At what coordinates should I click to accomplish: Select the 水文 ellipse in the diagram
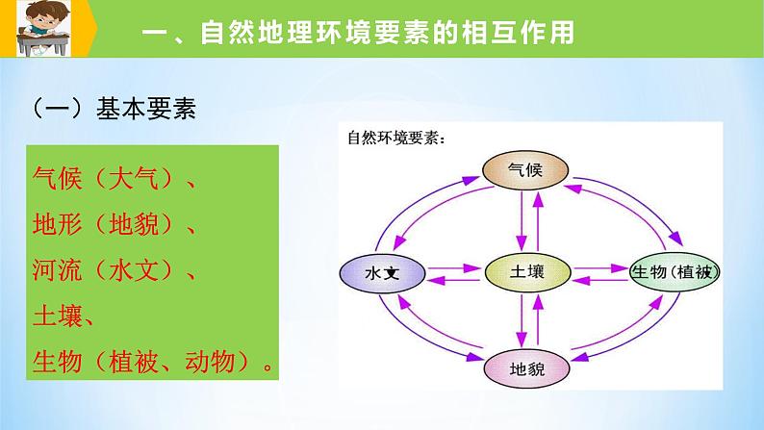pos(382,275)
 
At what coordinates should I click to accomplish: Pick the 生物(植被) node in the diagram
pos(674,274)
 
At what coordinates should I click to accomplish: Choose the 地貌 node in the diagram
pos(527,368)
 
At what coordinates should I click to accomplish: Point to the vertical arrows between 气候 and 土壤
pos(527,222)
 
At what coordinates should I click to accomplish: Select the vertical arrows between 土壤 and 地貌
pos(527,321)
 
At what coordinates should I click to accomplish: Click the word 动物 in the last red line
pos(222,363)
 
